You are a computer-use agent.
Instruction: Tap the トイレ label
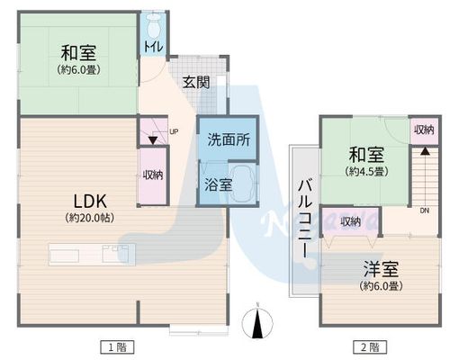pyautogui.click(x=154, y=47)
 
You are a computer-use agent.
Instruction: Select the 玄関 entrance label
pyautogui.click(x=196, y=82)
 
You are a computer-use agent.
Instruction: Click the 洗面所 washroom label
pyautogui.click(x=229, y=139)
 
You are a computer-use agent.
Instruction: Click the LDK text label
pyautogui.click(x=90, y=201)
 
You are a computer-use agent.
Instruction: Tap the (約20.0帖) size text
pyautogui.click(x=90, y=218)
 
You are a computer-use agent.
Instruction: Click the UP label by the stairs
pyautogui.click(x=174, y=131)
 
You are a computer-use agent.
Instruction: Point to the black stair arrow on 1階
pyautogui.click(x=153, y=140)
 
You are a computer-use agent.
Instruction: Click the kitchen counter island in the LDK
pyautogui.click(x=93, y=255)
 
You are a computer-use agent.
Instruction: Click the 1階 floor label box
pyautogui.click(x=117, y=347)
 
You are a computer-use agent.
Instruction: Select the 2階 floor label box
pyautogui.click(x=370, y=347)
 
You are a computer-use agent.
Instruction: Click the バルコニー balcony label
pyautogui.click(x=305, y=219)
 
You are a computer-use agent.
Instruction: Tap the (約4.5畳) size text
pyautogui.click(x=367, y=171)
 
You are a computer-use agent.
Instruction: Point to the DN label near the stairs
pyautogui.click(x=424, y=211)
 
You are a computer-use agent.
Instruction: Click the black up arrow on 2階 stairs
pyautogui.click(x=425, y=150)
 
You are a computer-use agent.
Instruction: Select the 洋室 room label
pyautogui.click(x=381, y=269)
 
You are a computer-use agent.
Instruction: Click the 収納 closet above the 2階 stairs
pyautogui.click(x=424, y=130)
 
